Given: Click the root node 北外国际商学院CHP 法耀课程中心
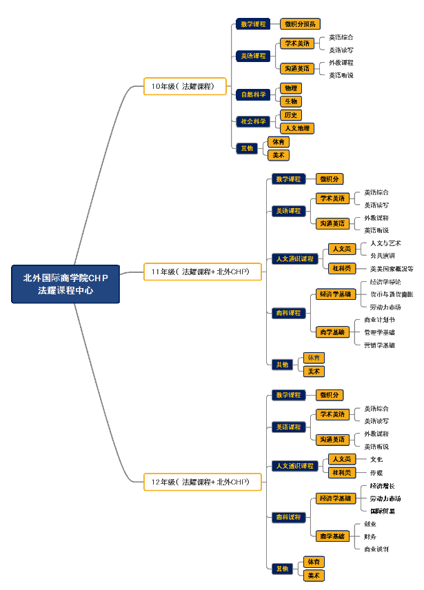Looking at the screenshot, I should [x=65, y=284].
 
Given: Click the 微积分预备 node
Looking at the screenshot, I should [x=301, y=24].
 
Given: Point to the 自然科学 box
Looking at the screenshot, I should [x=252, y=94].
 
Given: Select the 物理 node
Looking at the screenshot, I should [x=291, y=88].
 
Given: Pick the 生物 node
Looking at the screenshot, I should [x=291, y=101].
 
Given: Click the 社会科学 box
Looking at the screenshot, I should [x=252, y=121].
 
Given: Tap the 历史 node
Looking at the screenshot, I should [x=291, y=115].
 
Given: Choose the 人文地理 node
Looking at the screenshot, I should [x=297, y=128].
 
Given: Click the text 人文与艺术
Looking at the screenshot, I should [x=385, y=243].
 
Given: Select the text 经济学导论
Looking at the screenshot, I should [x=385, y=282].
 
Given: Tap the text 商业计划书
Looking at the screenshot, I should [x=379, y=320].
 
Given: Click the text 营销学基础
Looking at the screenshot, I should [x=379, y=345].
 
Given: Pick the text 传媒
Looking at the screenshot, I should [x=376, y=473].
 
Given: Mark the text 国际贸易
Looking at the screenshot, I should [x=383, y=511].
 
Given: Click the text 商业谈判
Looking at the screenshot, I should [x=376, y=549].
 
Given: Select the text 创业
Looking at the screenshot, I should [x=370, y=524].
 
